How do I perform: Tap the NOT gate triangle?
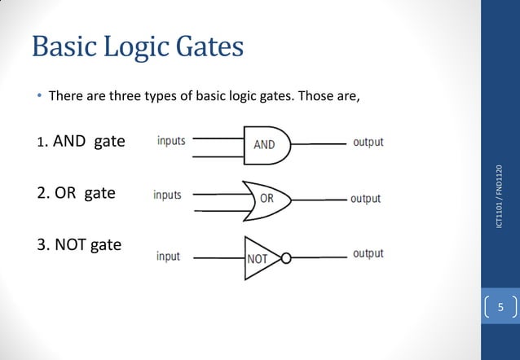(259, 257)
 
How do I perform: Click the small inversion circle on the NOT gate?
(285, 258)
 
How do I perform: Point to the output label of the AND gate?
(368, 143)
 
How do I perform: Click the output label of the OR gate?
(365, 199)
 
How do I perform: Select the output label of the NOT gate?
(368, 254)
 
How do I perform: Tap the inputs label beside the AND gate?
(171, 141)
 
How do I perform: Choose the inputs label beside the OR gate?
(168, 195)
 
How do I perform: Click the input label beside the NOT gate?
(168, 257)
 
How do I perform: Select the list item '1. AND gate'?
(81, 142)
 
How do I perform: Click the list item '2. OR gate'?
(76, 194)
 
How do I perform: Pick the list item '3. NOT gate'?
(79, 244)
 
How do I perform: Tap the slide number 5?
(501, 307)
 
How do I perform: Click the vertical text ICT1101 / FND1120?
(500, 195)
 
